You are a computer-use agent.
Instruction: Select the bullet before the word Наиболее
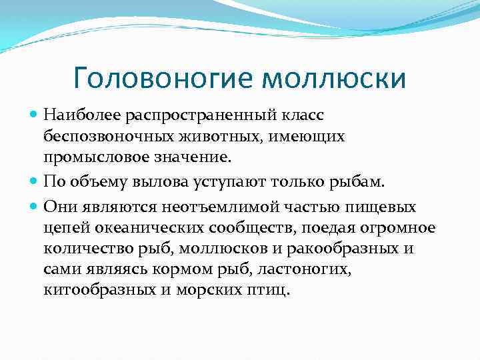[35, 115]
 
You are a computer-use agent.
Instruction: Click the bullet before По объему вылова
[35, 181]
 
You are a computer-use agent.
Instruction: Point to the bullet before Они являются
[35, 207]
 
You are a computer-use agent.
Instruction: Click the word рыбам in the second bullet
[358, 181]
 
